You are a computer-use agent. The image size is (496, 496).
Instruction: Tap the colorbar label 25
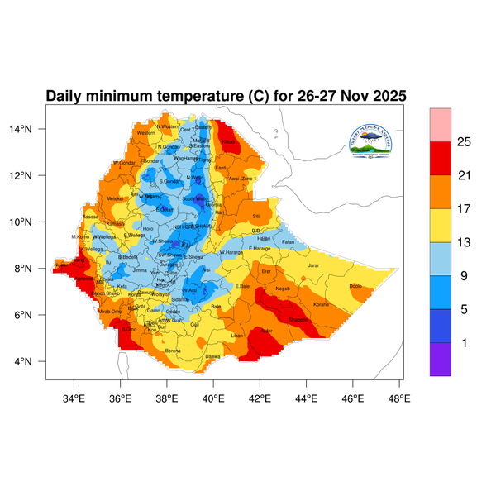point(464,142)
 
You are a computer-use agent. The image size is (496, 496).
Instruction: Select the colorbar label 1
point(464,342)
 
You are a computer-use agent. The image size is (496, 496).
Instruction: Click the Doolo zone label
point(355,286)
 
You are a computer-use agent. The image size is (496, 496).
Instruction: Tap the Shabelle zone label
point(298,320)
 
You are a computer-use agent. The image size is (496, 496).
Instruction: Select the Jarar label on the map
point(312,265)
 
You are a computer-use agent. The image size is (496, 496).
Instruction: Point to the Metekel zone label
point(115,198)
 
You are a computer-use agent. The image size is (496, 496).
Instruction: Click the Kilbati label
point(229,142)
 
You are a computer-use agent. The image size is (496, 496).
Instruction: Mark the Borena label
point(174,351)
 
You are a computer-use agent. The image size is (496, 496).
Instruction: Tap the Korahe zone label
point(321,304)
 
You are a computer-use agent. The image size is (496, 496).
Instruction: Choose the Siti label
point(255,216)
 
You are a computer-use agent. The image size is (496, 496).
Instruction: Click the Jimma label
point(139,270)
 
